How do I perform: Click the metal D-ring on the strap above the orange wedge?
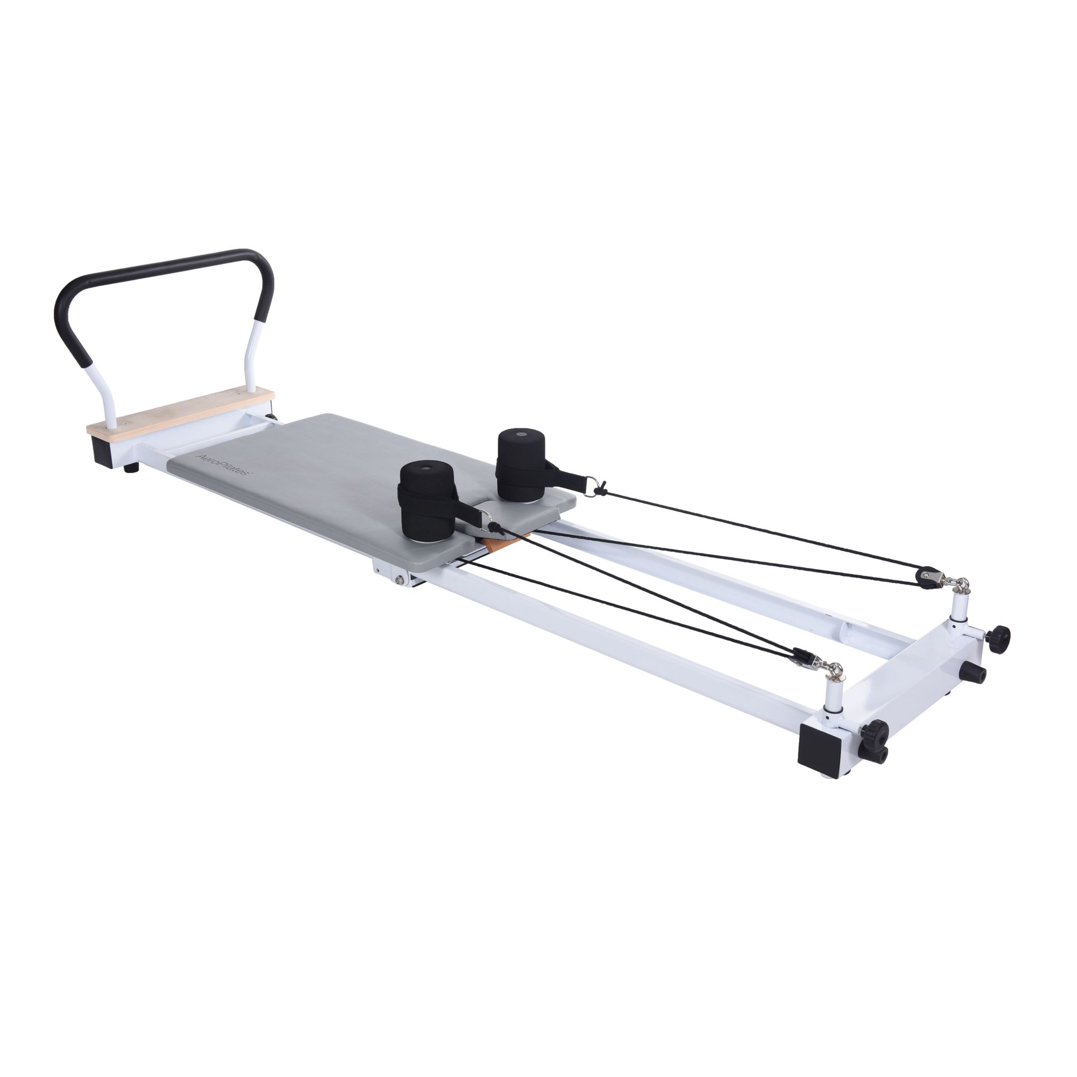coord(488,524)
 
